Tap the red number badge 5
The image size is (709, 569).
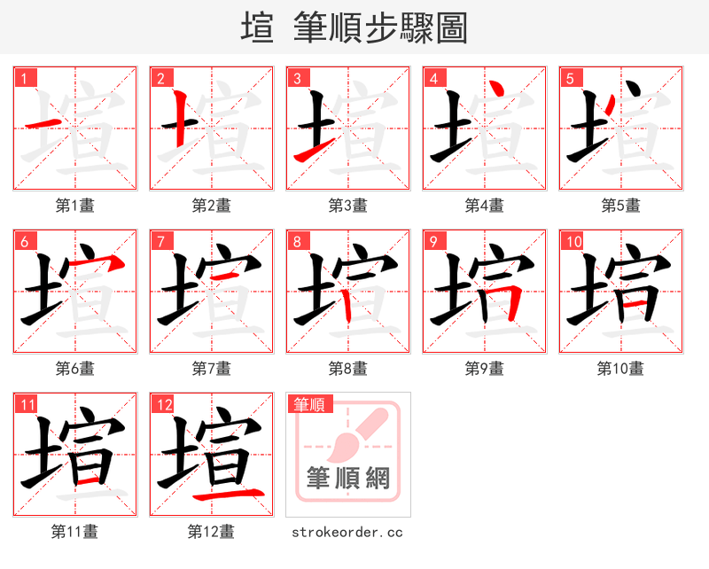click(571, 78)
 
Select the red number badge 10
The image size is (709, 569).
click(573, 241)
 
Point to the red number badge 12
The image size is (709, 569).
click(164, 404)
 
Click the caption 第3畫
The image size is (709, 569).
click(347, 206)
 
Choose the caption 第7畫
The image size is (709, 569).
click(211, 368)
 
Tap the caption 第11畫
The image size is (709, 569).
click(74, 532)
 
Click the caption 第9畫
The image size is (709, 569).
click(484, 368)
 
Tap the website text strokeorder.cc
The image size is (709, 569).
click(347, 532)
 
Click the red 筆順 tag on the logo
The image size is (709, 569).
click(309, 404)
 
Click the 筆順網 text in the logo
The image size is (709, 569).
click(347, 479)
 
